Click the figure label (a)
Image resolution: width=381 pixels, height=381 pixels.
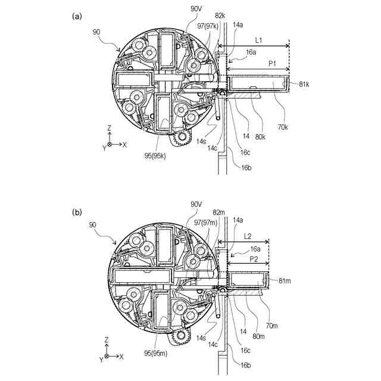coord(77,16)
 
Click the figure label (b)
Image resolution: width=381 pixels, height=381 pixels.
coord(77,211)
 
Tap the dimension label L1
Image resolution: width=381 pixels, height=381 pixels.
coord(260,40)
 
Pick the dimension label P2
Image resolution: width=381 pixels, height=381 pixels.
coord(252,260)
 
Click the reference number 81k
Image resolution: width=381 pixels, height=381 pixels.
coord(304,85)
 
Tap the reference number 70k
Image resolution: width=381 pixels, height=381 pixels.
coord(282,127)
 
